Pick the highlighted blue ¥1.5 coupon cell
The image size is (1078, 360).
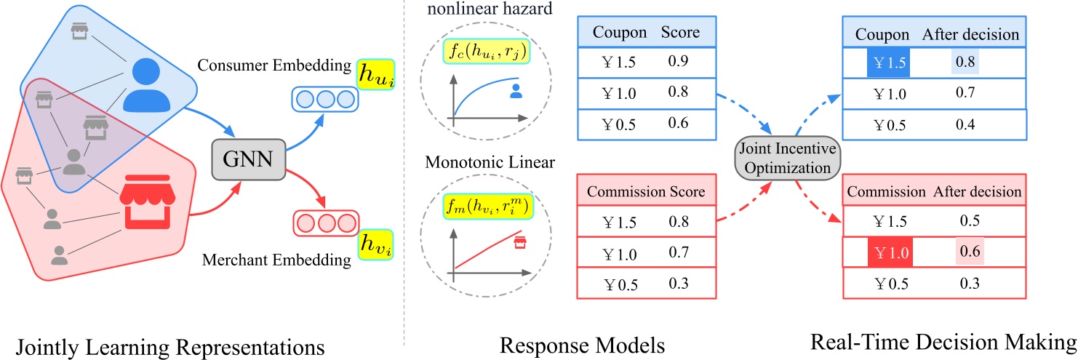pos(888,63)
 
